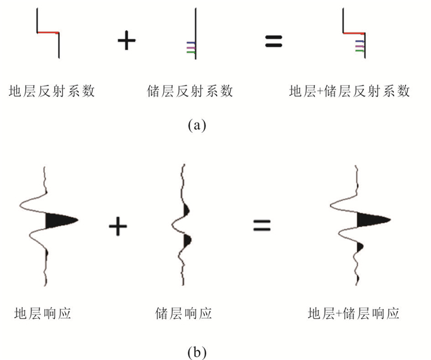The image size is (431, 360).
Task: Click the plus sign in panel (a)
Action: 126,41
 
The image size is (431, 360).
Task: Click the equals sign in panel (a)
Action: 273,41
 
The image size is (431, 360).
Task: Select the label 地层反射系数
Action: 52,91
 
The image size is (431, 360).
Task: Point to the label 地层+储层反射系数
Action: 350,91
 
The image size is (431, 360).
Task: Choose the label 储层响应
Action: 183,313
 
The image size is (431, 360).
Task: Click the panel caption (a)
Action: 196,126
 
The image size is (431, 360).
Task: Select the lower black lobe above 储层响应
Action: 188,240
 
